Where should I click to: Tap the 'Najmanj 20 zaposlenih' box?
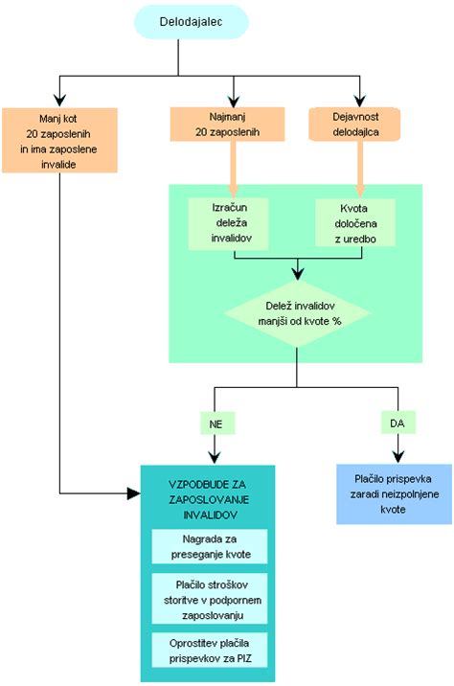(231, 124)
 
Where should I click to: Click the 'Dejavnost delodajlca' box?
(360, 124)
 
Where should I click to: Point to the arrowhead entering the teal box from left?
(133, 493)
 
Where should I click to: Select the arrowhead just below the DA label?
(397, 455)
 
